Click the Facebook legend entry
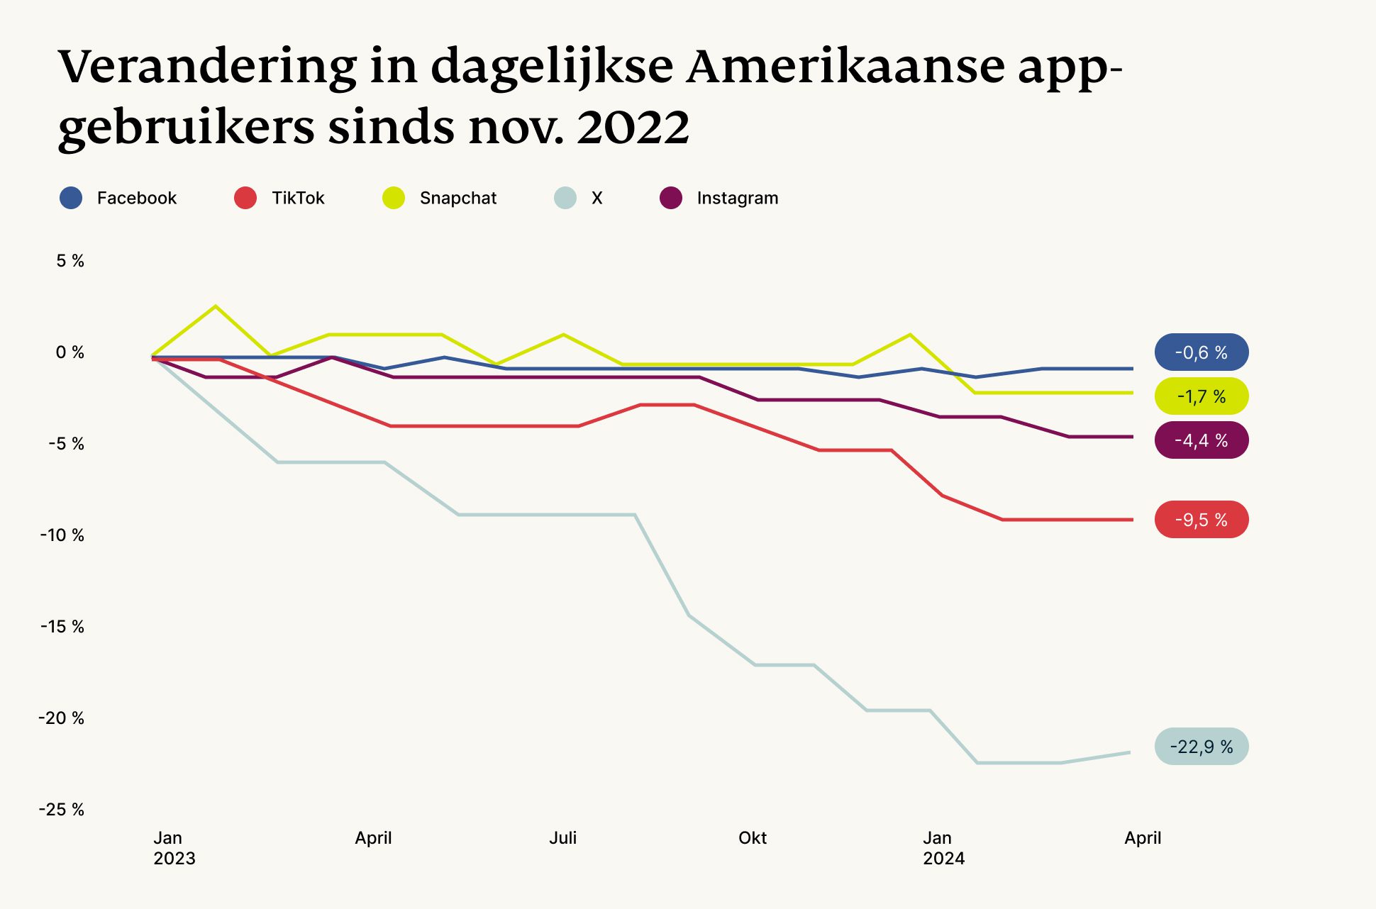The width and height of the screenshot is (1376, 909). (119, 198)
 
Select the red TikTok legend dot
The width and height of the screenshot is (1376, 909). (245, 198)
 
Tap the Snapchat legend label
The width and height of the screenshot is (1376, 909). (457, 198)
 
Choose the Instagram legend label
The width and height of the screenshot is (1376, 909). (737, 198)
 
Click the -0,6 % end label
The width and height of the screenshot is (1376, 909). (1201, 352)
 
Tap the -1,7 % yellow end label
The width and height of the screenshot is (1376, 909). (1201, 396)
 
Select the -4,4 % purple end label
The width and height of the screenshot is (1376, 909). (1201, 440)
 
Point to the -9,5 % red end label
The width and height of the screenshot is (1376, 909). (1201, 520)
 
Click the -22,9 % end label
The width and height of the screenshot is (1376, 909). (1201, 747)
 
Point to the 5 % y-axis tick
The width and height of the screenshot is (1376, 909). (70, 261)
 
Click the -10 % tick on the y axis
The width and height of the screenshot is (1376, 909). (62, 535)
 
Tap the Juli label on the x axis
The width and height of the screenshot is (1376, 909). (562, 838)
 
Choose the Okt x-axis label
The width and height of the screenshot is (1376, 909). (752, 838)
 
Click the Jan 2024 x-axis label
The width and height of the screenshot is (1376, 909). (943, 848)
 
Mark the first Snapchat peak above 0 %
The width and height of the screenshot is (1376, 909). (216, 306)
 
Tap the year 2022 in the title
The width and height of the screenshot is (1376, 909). (633, 128)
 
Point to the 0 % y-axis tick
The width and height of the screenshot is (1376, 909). (70, 352)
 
